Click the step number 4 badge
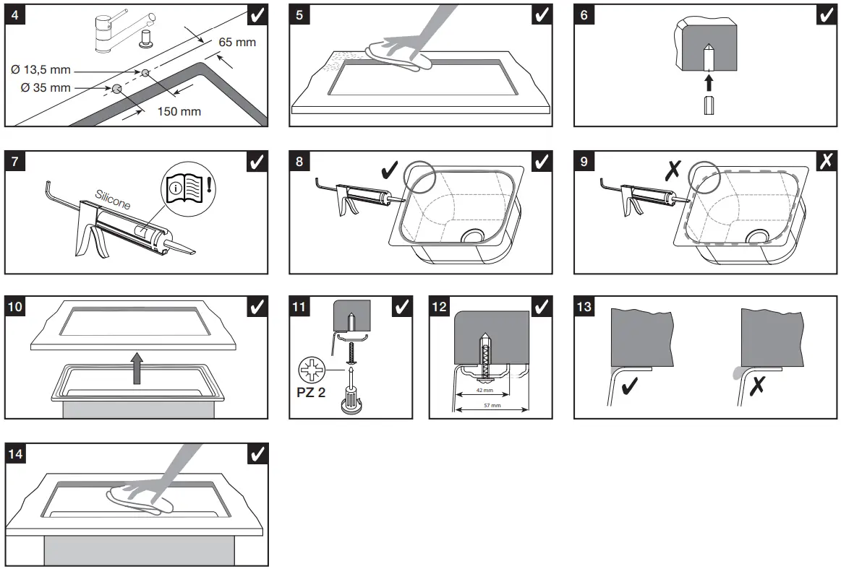[x=15, y=14]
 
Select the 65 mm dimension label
[x=237, y=42]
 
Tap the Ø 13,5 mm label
[x=40, y=70]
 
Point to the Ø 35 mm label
[x=40, y=88]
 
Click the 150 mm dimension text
[x=179, y=111]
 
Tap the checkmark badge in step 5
[x=542, y=14]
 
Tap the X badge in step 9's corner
[x=826, y=162]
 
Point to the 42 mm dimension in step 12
[x=484, y=390]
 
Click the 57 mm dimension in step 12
[x=491, y=406]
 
